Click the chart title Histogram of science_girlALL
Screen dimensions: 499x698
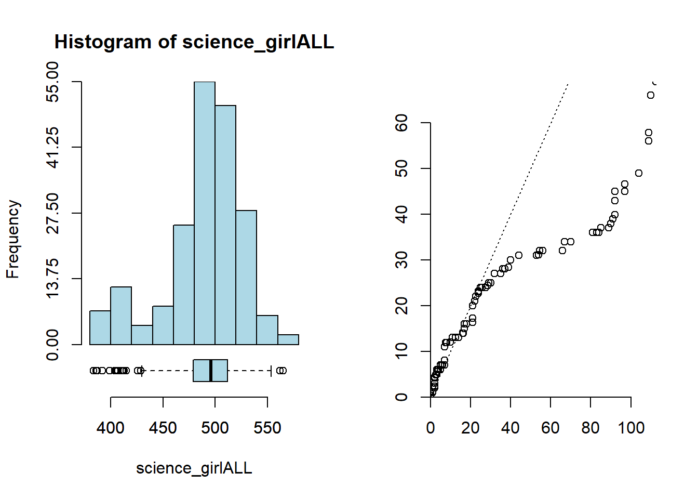click(x=194, y=42)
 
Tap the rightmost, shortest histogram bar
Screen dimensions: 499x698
click(x=288, y=339)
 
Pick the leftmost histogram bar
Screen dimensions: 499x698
click(x=100, y=327)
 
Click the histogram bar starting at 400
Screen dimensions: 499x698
click(x=121, y=316)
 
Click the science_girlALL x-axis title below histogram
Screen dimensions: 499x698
click(x=194, y=468)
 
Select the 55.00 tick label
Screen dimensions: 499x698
click(x=52, y=82)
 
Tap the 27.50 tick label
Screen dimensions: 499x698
click(x=52, y=213)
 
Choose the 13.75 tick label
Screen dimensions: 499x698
click(x=52, y=279)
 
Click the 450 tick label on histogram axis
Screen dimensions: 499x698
click(x=163, y=428)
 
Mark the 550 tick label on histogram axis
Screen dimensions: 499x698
click(x=267, y=428)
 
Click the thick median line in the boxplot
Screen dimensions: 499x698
click(x=211, y=371)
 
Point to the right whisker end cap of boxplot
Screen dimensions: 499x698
click(x=271, y=371)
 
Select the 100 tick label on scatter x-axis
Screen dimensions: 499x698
click(x=631, y=428)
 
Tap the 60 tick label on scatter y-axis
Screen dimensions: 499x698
click(x=401, y=123)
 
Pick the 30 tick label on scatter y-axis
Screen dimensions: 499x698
click(x=401, y=260)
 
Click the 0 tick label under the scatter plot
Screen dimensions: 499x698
click(x=431, y=428)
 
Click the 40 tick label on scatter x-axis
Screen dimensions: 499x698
click(x=511, y=428)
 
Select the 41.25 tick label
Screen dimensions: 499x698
click(x=52, y=148)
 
